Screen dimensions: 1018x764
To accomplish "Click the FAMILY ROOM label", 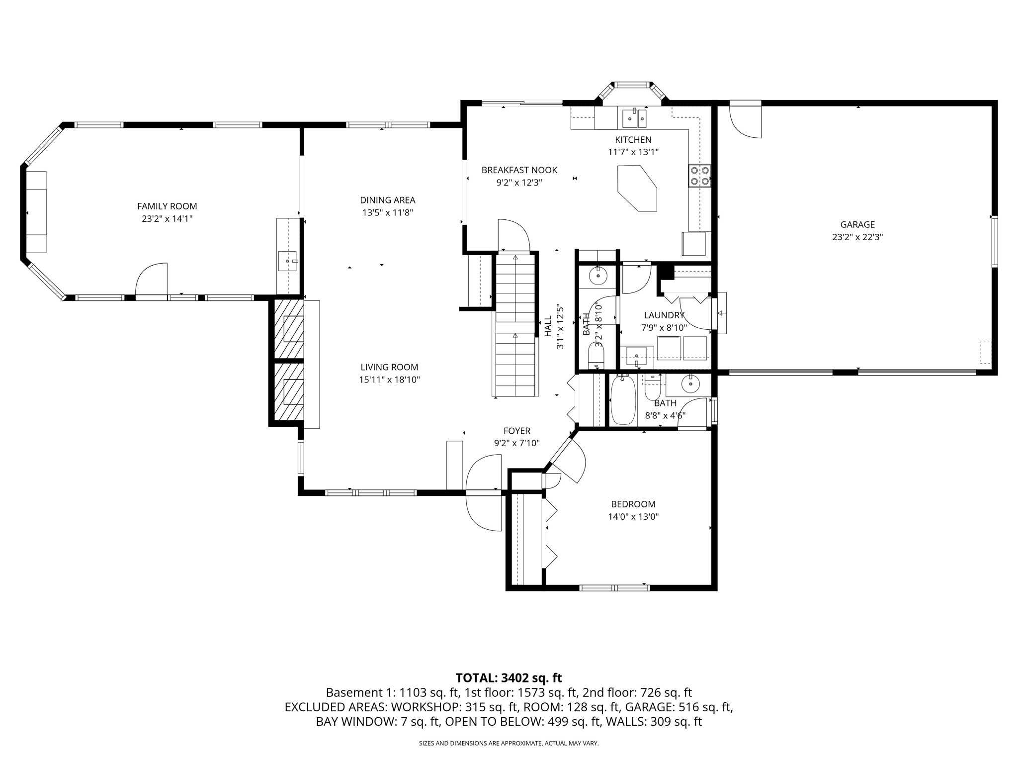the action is click(167, 206).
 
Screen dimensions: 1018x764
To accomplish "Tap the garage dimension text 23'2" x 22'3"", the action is click(857, 237).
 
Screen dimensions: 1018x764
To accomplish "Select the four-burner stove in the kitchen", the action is click(699, 176).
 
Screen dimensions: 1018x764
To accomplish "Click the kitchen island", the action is click(637, 189).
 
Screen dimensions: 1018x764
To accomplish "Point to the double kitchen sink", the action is click(635, 118).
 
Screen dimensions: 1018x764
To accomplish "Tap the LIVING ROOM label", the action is click(390, 367).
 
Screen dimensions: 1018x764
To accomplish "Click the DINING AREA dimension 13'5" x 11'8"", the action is click(388, 212).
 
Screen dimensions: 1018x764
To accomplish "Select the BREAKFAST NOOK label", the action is click(519, 170).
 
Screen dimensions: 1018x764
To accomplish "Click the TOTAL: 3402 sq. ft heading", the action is click(509, 677).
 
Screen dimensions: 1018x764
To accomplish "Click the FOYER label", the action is click(517, 431).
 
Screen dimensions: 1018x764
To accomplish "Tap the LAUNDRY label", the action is click(664, 315).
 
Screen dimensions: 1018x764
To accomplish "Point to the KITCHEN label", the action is click(633, 140).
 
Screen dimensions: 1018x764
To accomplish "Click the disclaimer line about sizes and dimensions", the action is click(509, 743).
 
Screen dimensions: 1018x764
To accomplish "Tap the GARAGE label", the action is click(857, 224).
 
